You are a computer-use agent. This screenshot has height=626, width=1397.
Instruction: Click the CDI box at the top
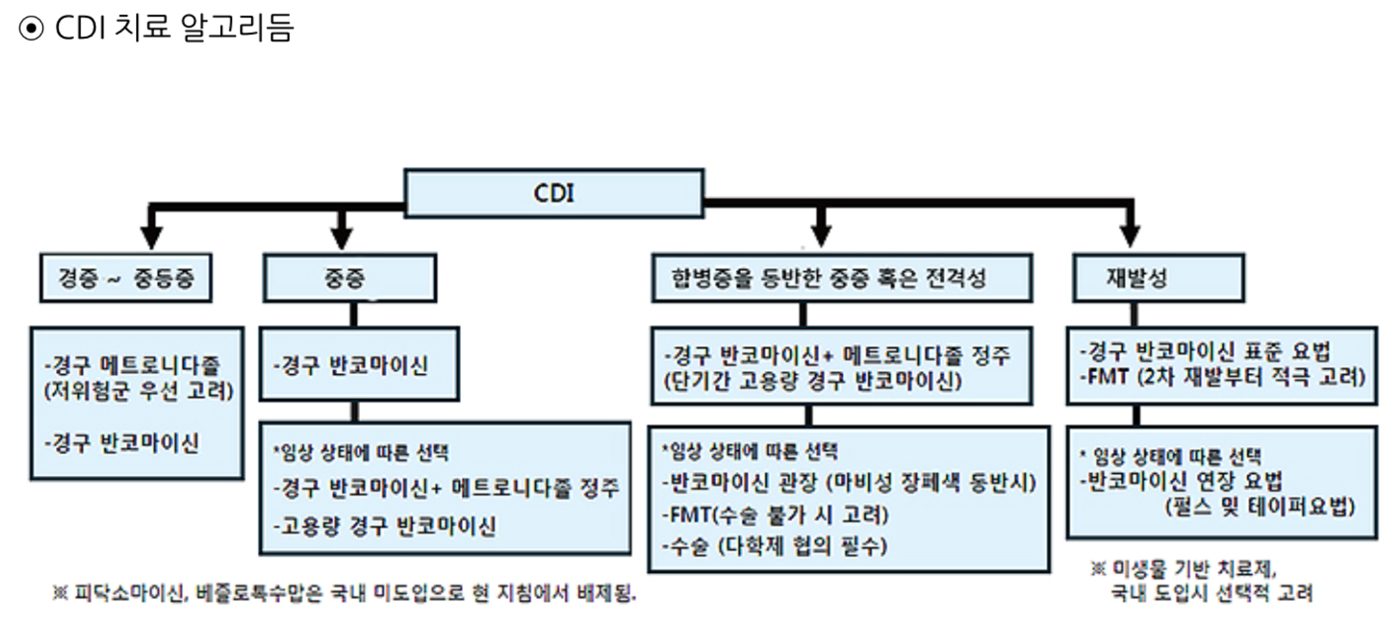click(x=554, y=193)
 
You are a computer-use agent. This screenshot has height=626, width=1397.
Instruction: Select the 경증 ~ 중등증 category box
click(x=126, y=278)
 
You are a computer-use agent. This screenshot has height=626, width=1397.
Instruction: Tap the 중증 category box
click(x=349, y=278)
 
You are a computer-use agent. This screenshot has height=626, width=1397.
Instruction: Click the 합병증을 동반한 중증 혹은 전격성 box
click(x=841, y=278)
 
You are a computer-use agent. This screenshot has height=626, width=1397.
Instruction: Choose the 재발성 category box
click(x=1158, y=278)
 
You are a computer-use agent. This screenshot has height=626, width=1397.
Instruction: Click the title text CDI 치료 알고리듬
click(x=174, y=28)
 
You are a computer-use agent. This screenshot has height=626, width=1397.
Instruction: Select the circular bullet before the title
click(x=31, y=28)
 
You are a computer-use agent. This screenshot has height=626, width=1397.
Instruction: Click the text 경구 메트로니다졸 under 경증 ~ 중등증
click(x=132, y=366)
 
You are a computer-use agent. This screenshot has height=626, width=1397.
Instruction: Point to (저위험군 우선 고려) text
click(x=139, y=390)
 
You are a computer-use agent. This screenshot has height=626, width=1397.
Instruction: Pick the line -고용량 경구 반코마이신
click(x=384, y=526)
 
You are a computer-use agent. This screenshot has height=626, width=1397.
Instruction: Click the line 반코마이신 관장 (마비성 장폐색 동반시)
click(x=849, y=482)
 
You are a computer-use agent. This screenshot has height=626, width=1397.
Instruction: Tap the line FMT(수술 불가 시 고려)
click(x=775, y=515)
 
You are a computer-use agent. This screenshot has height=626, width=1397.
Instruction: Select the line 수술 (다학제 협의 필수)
click(x=775, y=546)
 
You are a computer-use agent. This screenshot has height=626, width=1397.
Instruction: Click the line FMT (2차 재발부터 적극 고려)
click(x=1222, y=376)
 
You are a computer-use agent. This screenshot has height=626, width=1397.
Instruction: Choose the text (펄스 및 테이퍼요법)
click(x=1260, y=507)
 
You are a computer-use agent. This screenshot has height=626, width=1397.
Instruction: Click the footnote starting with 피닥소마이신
click(x=345, y=593)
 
